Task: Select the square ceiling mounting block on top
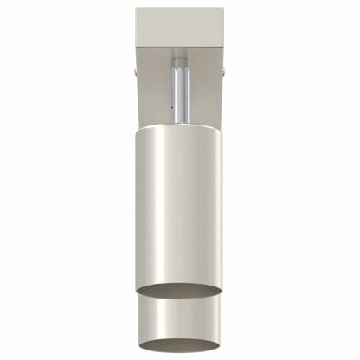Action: point(179,28)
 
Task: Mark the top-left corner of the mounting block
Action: point(137,10)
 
